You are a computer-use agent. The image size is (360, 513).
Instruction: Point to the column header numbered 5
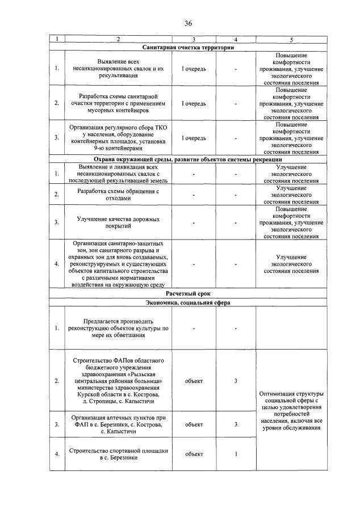(291, 39)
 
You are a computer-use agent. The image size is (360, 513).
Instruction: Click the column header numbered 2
(118, 39)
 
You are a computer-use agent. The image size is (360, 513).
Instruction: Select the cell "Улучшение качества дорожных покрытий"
(118, 222)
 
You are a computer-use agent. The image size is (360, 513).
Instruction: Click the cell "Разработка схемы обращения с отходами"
(118, 195)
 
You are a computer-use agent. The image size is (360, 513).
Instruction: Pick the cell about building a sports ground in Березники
(118, 454)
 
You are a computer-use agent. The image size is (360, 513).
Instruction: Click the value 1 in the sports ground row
(235, 454)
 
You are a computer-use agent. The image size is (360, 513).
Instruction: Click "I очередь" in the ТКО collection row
(194, 138)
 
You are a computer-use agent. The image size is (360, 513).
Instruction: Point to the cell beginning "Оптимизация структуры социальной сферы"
(291, 410)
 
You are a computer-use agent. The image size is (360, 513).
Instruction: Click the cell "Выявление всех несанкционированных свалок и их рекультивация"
(118, 69)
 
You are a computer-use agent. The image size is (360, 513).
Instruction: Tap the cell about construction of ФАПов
(118, 381)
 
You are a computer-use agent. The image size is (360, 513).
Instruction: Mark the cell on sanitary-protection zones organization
(118, 264)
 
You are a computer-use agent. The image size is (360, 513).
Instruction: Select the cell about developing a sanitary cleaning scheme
(118, 103)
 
